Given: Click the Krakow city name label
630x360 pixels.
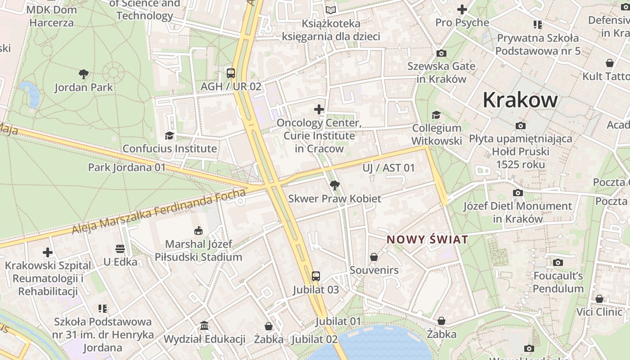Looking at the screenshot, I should tap(520, 99).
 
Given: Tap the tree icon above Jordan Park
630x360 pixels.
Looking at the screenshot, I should tap(83, 74).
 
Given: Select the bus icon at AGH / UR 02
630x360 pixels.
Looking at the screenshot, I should tap(231, 73).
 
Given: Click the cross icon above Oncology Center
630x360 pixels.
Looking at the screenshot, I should tap(319, 109).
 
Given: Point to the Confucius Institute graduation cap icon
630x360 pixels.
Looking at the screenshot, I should tap(169, 135).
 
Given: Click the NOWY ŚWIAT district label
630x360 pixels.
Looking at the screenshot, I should tap(427, 239).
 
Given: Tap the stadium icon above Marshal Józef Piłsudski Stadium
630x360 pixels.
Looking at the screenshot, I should tap(198, 231).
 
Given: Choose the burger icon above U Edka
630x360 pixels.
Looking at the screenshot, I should tap(120, 248).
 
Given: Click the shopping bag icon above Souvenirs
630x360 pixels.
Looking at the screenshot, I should tap(374, 257).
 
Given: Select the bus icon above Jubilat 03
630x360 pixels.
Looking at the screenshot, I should tap(316, 276).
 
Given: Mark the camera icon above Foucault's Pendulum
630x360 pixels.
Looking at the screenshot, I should tap(558, 262).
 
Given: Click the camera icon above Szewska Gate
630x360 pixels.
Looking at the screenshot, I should tap(441, 53).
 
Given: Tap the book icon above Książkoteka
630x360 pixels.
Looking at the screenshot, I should tap(331, 10).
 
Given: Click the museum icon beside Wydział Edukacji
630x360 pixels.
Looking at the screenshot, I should tap(204, 325).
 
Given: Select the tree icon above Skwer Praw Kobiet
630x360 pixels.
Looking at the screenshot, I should tap(334, 185).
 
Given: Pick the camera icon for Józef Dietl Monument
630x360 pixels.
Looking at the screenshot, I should tap(518, 193).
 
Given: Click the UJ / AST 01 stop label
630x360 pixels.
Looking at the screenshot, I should tap(389, 168).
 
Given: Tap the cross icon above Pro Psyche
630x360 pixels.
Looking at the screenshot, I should tap(462, 9).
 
